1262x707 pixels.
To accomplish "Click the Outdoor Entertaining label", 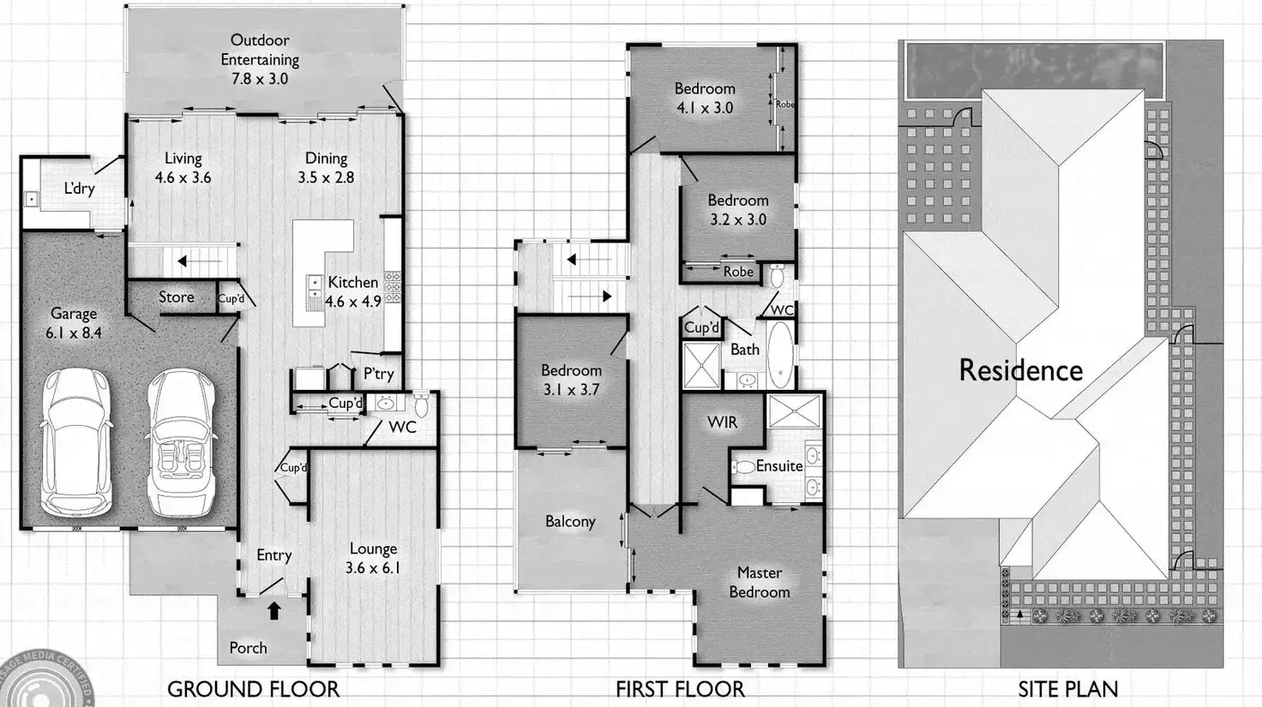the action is [x=260, y=59].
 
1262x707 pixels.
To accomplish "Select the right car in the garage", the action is [x=179, y=442].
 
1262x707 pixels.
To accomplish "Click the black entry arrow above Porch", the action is [x=273, y=611].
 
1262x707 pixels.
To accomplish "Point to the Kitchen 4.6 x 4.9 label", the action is [x=353, y=291].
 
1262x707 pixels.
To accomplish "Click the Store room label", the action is [x=176, y=297].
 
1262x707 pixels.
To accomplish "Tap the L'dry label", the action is [x=79, y=189].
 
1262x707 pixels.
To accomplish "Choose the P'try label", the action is [x=378, y=374].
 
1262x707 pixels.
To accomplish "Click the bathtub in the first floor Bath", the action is [x=779, y=352].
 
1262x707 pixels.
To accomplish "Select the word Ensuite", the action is [x=778, y=466].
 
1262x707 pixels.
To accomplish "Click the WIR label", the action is [x=722, y=422].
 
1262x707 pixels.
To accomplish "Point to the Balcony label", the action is [x=570, y=522].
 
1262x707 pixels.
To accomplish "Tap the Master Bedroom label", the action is [x=759, y=582].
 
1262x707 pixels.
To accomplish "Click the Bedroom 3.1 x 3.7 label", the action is [x=571, y=380].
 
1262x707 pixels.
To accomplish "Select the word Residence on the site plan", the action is [x=1020, y=370].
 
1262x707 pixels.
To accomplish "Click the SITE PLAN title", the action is [x=1067, y=689].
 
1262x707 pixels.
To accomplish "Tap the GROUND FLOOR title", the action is [x=253, y=689].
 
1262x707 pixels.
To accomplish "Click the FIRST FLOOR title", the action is [x=680, y=689].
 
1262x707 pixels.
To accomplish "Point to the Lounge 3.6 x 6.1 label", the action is [x=373, y=558].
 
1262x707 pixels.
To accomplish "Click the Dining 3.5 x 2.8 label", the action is [x=326, y=168].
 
